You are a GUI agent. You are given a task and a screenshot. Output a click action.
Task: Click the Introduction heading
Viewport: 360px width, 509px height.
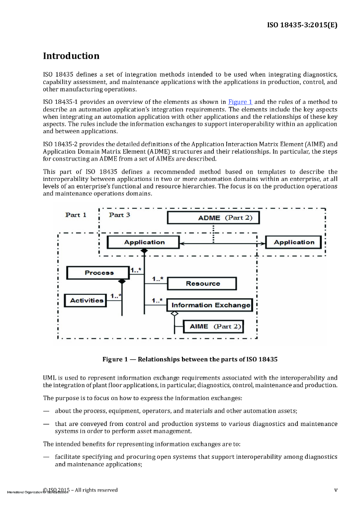(71, 56)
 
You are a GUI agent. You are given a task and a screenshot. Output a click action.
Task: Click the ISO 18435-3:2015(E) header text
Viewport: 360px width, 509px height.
(302, 24)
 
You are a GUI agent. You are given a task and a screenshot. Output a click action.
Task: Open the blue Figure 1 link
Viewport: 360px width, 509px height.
(240, 102)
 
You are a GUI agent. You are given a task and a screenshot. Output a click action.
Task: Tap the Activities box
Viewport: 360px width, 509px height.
(87, 300)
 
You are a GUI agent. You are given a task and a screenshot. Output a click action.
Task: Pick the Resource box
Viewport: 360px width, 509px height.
(202, 283)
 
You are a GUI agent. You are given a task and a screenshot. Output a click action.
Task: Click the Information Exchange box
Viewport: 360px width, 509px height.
(211, 305)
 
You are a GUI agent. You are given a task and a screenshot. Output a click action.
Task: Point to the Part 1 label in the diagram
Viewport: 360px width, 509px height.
(76, 215)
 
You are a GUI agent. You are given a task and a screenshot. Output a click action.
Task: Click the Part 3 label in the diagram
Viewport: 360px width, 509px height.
(119, 215)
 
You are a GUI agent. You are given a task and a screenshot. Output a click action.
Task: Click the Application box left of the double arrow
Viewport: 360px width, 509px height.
(144, 242)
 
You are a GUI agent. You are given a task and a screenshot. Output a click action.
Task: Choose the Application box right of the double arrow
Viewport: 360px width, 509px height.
(294, 242)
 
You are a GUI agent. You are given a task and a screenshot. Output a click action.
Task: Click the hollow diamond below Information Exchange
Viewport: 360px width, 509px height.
(174, 314)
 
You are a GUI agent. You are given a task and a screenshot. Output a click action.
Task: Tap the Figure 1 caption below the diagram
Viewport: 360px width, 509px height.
(189, 359)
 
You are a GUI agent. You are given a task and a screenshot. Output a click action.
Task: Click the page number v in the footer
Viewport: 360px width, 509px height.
(336, 490)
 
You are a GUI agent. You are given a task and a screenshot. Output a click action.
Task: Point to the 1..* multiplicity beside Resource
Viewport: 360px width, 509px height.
(158, 279)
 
